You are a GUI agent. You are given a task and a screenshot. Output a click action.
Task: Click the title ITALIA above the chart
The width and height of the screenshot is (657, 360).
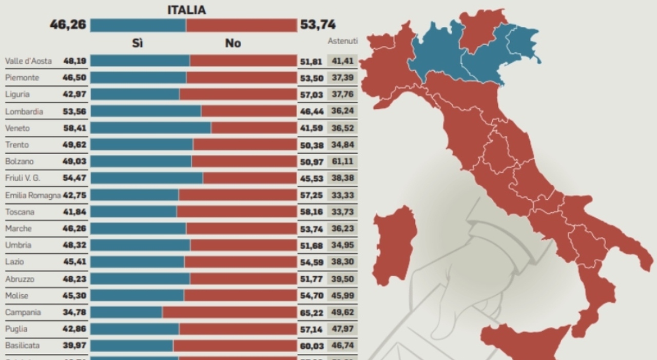point(186,10)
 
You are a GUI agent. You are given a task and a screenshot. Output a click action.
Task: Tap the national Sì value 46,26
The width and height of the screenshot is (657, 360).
point(67,25)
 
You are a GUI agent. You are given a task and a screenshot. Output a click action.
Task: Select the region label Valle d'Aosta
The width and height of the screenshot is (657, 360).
point(28,61)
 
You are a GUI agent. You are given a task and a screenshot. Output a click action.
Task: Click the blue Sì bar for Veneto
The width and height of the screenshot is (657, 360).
point(150,128)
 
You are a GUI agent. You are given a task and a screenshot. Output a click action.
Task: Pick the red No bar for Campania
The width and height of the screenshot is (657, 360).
point(229,312)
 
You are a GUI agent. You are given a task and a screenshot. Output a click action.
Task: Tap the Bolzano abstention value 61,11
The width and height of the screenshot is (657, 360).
point(342,161)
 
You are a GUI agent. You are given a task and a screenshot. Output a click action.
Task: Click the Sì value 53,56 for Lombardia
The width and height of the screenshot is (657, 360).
point(74,111)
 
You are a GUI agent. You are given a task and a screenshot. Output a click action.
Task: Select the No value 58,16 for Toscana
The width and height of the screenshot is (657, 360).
point(312,212)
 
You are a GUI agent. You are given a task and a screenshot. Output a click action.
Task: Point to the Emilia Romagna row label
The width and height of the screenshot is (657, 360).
point(33,195)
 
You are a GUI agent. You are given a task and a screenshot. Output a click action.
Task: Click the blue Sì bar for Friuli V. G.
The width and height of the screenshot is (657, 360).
point(146,178)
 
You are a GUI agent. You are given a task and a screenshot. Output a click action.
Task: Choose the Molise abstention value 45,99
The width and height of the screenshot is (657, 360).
point(342,296)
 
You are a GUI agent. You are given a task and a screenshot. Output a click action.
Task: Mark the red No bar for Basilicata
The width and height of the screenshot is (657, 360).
point(235,346)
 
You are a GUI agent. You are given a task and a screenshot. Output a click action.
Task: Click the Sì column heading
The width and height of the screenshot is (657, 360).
point(137,43)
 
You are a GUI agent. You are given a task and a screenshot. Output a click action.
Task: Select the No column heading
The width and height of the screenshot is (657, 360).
point(233,43)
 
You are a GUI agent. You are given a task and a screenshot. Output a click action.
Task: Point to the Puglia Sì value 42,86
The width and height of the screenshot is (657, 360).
point(74,329)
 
